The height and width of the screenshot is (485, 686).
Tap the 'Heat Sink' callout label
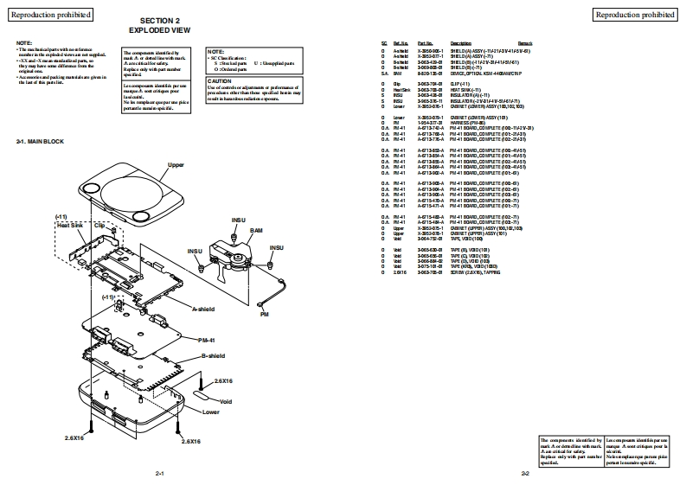(x=69, y=224)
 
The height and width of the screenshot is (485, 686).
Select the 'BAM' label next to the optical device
(x=257, y=231)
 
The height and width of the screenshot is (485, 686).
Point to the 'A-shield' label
(x=202, y=309)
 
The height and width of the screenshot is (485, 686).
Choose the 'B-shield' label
(x=213, y=357)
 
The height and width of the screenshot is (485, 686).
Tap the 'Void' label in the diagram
(x=226, y=401)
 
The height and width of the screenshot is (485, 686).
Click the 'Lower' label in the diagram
(x=210, y=412)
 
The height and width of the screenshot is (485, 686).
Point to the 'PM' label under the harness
(x=264, y=316)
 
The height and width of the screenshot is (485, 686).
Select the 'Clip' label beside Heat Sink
(x=99, y=224)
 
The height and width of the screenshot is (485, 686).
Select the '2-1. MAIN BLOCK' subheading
(x=41, y=141)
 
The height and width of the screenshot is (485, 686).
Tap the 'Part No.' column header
(x=425, y=42)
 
